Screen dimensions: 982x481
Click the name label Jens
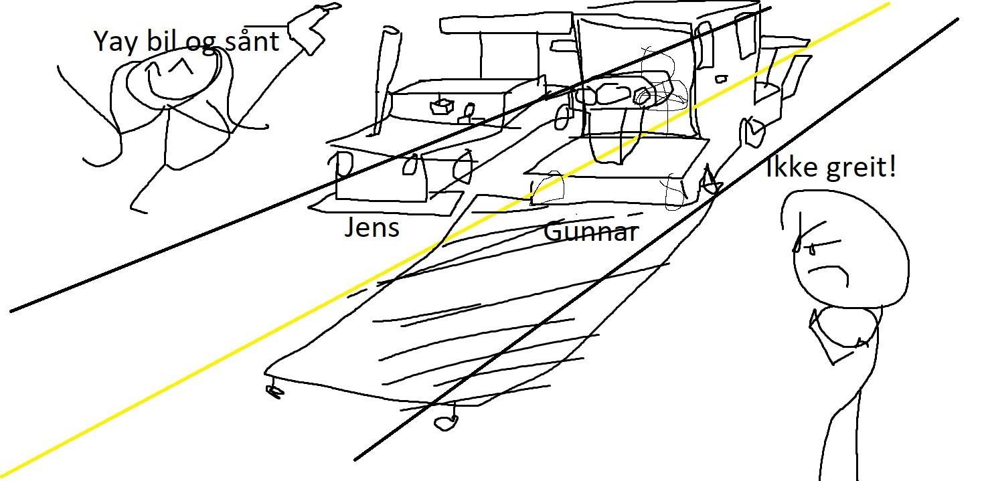pos(372,227)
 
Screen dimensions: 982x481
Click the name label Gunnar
pos(591,231)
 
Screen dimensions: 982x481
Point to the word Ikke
pos(793,167)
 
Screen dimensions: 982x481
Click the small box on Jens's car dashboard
pos(442,106)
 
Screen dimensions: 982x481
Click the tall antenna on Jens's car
pos(386,80)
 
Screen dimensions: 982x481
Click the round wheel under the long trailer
pos(446,422)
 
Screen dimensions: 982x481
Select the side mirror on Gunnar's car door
pos(752,131)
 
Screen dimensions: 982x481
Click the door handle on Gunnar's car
pos(721,80)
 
